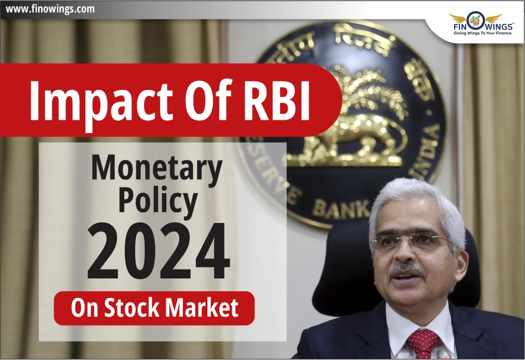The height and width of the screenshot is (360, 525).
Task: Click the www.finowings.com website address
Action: click(50, 9)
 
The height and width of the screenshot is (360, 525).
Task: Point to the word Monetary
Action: click(157, 169)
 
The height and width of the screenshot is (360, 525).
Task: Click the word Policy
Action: click(158, 201)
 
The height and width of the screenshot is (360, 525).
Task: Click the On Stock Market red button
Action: click(154, 308)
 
